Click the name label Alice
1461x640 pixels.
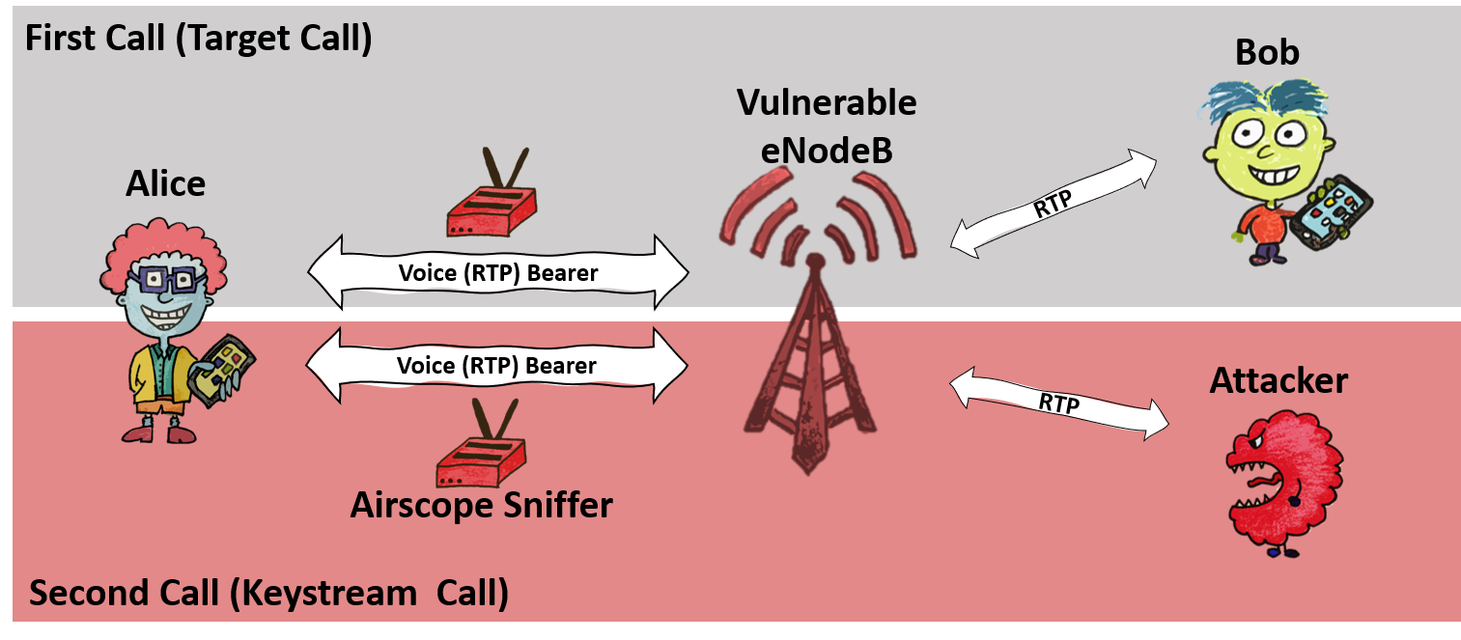[165, 183]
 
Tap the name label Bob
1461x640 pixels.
[1267, 52]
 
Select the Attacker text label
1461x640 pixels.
[1278, 380]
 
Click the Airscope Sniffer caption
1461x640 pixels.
[481, 504]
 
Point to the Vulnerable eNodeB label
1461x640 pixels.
[827, 125]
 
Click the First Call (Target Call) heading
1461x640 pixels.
[198, 40]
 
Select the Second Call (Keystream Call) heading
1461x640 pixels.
[268, 592]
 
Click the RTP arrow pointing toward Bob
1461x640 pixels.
[1053, 204]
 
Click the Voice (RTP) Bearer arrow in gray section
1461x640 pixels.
[497, 272]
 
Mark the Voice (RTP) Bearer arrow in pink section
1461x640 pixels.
[496, 365]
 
